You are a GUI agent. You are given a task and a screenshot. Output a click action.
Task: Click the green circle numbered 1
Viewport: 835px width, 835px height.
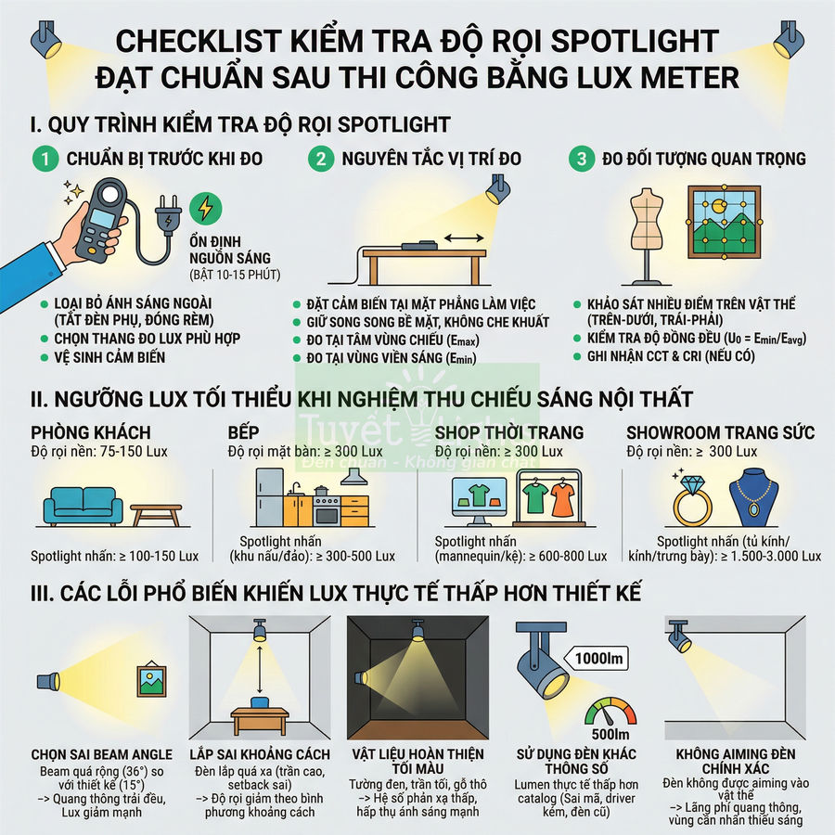[43, 159]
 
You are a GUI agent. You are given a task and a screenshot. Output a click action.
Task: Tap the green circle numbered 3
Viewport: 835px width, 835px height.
[582, 159]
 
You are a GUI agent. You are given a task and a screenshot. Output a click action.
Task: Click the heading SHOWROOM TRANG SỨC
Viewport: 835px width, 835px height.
[720, 432]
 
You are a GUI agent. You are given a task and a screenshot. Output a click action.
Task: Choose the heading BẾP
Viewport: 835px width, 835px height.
[243, 432]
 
